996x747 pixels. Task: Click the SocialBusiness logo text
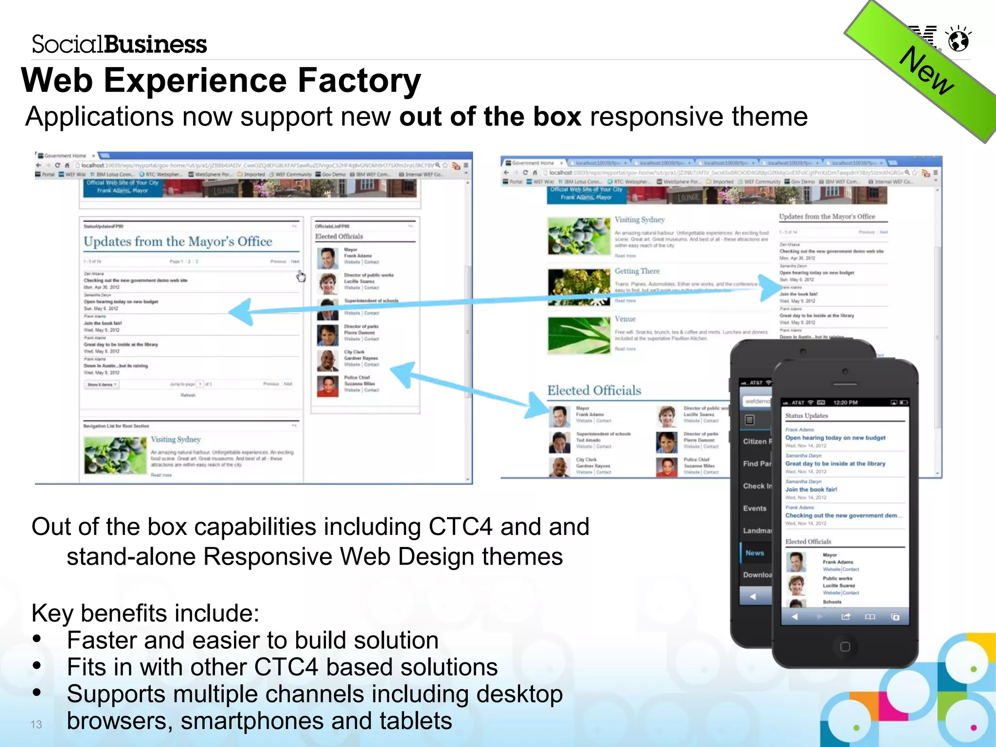[119, 44]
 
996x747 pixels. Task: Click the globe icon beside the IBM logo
[959, 40]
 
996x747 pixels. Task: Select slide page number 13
[36, 724]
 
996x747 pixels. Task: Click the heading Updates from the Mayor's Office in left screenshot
[178, 242]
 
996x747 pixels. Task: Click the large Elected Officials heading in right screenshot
[594, 391]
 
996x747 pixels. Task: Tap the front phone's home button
[845, 646]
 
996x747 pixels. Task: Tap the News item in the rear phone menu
[754, 553]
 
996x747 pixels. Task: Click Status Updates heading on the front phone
[806, 416]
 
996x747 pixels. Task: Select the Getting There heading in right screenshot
[637, 271]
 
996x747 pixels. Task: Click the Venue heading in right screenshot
[625, 319]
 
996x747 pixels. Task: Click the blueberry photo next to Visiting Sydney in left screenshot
[115, 456]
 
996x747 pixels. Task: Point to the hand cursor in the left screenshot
[301, 276]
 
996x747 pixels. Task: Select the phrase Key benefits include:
[145, 613]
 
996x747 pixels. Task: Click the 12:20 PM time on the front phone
[845, 403]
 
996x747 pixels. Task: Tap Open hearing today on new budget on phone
[835, 438]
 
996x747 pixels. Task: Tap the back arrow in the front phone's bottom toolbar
[795, 617]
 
